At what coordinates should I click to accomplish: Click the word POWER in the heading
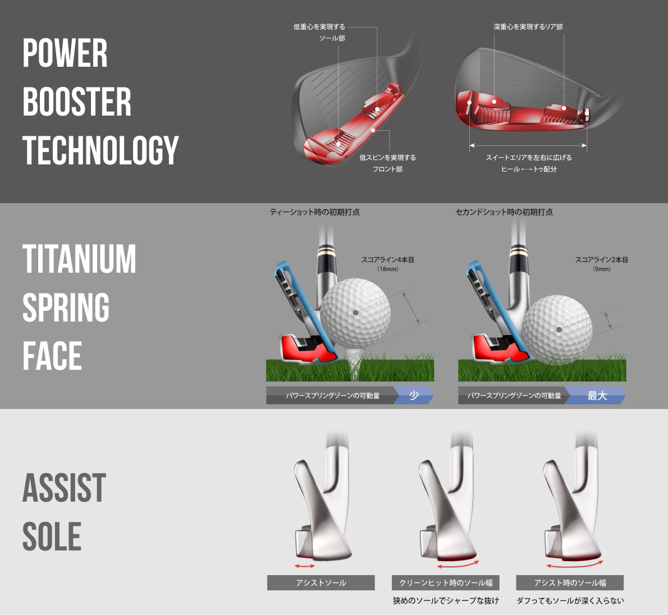point(65,53)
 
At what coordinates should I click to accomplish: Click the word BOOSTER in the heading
point(77,102)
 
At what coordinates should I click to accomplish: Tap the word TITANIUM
point(79,259)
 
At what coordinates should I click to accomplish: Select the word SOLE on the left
point(52,536)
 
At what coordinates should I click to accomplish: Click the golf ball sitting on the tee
point(355,314)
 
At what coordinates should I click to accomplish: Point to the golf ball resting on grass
point(557,329)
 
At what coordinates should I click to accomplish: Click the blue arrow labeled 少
point(413,396)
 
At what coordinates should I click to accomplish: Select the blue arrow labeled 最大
point(596,396)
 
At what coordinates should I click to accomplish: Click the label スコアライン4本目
point(388,260)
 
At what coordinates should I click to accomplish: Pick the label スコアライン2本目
point(602,260)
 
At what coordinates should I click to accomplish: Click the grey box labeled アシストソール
point(321,582)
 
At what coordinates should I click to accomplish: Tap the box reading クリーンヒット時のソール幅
point(445,582)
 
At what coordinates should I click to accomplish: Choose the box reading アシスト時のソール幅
point(570,582)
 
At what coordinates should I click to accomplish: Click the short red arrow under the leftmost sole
point(305,566)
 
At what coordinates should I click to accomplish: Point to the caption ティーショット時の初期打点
point(315,212)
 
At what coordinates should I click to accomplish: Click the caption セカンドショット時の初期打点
point(504,212)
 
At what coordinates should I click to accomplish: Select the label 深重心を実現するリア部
point(528,27)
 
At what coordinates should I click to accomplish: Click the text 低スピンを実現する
point(388,158)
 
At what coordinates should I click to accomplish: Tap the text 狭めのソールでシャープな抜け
point(446,601)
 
